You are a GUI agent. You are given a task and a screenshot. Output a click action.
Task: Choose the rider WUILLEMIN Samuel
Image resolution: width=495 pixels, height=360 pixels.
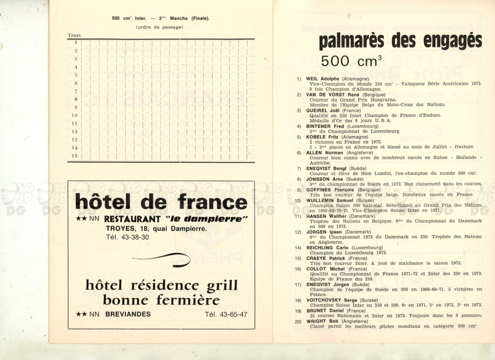point(330,200)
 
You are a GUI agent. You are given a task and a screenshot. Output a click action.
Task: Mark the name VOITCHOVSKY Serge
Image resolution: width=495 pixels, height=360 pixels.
point(332,300)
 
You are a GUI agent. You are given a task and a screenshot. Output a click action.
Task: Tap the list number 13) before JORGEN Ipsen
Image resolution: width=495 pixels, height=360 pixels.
point(298,232)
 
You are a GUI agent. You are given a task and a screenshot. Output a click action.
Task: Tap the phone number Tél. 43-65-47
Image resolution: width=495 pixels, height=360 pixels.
point(226,314)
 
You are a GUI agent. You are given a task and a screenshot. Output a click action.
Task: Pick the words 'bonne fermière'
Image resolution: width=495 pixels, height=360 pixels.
point(161,300)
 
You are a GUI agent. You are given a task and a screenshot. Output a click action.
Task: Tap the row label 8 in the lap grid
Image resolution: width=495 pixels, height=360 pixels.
point(76,99)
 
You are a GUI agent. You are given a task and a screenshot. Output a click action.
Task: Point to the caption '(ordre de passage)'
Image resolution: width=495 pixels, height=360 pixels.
point(159,27)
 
